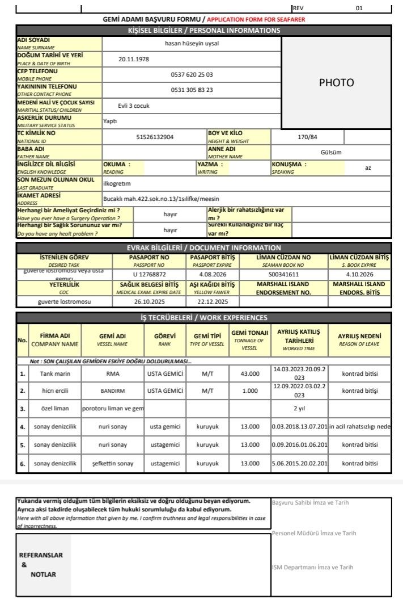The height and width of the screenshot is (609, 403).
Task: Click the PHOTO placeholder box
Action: [336, 82]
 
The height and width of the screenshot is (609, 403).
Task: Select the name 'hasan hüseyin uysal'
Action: [192, 43]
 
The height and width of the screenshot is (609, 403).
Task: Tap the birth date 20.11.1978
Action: [134, 59]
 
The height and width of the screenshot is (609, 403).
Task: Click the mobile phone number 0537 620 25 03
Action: [192, 74]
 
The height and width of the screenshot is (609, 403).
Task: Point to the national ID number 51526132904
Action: [155, 137]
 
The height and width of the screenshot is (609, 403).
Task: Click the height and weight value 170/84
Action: [308, 137]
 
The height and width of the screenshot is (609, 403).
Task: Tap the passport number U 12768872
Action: [150, 274]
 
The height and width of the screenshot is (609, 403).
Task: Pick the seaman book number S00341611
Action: [283, 274]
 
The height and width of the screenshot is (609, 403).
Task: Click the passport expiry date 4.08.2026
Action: [204, 274]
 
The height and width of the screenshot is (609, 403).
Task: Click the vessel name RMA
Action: [113, 374]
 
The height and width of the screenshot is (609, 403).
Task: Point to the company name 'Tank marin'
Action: [54, 374]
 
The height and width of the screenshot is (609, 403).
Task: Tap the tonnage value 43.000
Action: [249, 374]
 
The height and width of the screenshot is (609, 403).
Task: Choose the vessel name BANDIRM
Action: [113, 391]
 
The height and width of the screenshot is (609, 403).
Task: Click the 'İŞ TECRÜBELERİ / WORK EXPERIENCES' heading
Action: [203, 317]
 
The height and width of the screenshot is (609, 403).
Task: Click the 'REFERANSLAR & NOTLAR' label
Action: [41, 564]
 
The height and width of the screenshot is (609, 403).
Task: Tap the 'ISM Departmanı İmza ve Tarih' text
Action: [313, 567]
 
